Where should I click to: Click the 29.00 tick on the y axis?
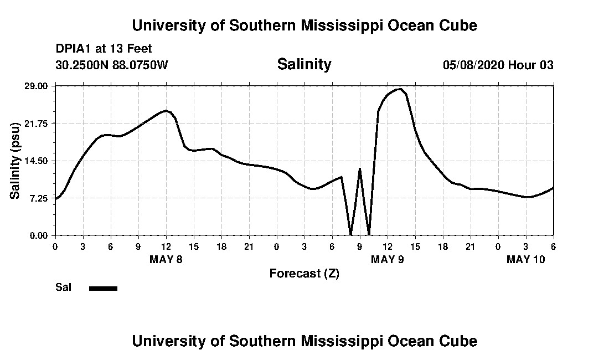[x=37, y=86]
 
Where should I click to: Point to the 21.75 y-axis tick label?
[x=37, y=123]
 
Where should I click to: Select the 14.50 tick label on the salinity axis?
[x=37, y=161]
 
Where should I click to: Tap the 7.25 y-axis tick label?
[x=39, y=198]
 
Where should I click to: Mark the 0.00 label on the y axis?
[x=39, y=235]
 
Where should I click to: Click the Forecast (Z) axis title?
[x=304, y=273]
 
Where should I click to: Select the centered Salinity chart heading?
[x=304, y=64]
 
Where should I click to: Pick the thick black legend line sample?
[x=103, y=288]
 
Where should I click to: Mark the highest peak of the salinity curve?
[x=399, y=89]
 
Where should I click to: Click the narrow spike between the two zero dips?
[x=360, y=169]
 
